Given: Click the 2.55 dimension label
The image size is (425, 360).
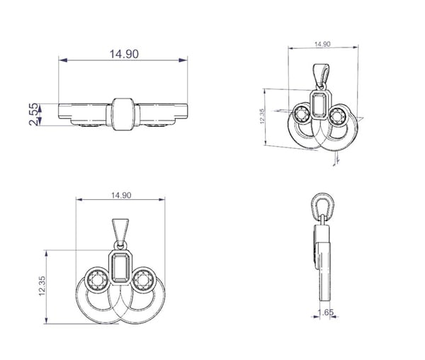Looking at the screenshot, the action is (33, 114).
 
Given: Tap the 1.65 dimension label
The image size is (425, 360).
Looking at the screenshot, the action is (326, 313).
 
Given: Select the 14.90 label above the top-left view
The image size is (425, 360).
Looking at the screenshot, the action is (124, 54).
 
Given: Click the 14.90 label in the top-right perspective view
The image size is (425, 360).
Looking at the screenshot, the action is (322, 44).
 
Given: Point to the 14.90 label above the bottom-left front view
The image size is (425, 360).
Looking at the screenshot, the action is (121, 195).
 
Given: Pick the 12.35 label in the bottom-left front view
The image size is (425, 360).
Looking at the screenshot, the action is (42, 286).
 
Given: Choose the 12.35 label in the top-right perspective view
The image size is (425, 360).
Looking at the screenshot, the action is (262, 116).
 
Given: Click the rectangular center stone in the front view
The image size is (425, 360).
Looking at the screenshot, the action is (120, 268).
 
